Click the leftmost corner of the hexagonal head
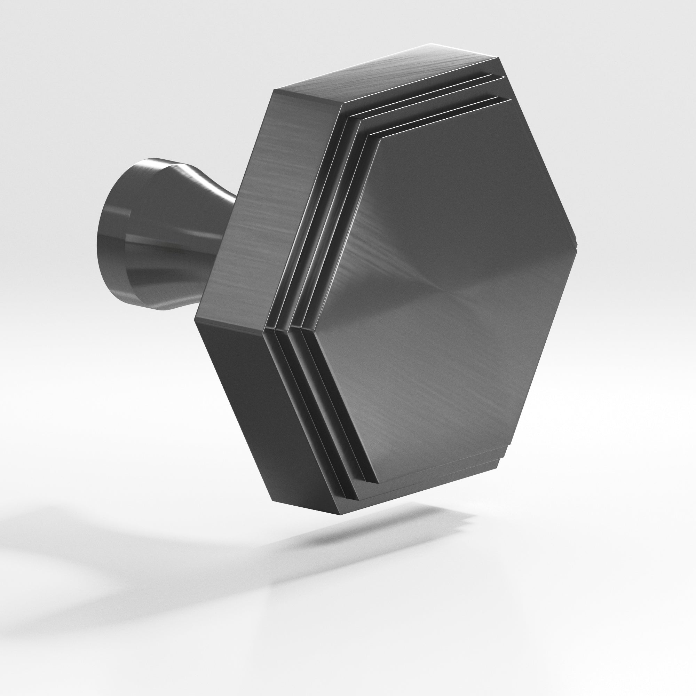(195, 319)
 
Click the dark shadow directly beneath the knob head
(360, 533)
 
